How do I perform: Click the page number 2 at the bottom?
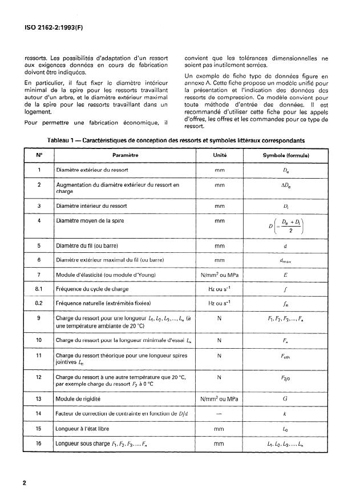(x=25, y=483)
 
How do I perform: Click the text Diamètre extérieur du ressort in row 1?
(x=92, y=170)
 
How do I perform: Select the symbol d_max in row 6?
(x=285, y=260)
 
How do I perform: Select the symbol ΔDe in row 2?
(x=285, y=186)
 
